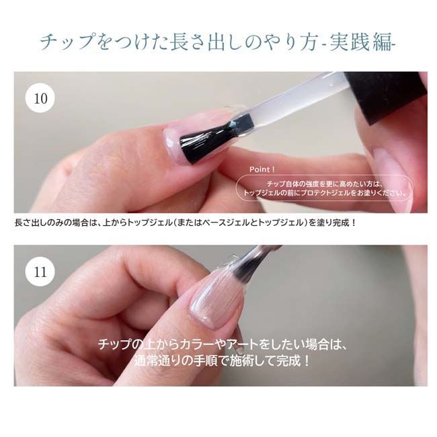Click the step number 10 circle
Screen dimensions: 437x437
coord(40,98)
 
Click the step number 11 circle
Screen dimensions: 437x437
coord(40,272)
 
